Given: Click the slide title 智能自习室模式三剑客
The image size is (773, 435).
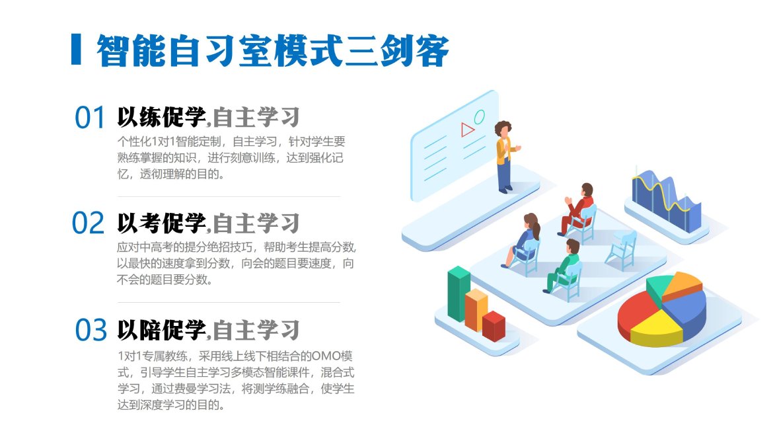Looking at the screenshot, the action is pyautogui.click(x=273, y=50).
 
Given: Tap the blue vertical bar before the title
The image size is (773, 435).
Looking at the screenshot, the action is pyautogui.click(x=76, y=50).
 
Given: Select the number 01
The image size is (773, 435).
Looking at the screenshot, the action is pyautogui.click(x=90, y=118).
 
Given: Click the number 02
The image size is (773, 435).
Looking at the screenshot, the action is pyautogui.click(x=89, y=223).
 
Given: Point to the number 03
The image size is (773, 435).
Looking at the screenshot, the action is pyautogui.click(x=91, y=330).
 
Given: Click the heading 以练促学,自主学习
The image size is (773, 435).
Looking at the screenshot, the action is pyautogui.click(x=208, y=118).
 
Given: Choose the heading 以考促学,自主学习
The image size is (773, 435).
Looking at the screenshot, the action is pyautogui.click(x=208, y=223).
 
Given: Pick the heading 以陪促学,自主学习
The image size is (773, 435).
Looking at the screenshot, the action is pyautogui.click(x=208, y=330).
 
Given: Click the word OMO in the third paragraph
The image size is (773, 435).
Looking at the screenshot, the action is pyautogui.click(x=326, y=356).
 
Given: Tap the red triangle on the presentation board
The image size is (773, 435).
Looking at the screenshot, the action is pyautogui.click(x=466, y=129).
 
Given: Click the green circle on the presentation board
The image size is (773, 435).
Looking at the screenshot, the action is pyautogui.click(x=479, y=117).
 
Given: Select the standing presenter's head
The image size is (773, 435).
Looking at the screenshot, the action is pyautogui.click(x=503, y=129).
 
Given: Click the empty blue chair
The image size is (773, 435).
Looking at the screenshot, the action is pyautogui.click(x=622, y=250).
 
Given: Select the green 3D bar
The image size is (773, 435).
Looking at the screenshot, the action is pyautogui.click(x=459, y=294).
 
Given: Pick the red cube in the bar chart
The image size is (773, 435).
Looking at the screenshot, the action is pyautogui.click(x=494, y=326).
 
